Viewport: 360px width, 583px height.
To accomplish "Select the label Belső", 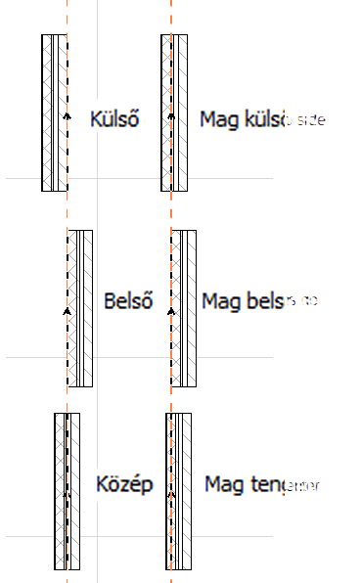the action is (124, 300).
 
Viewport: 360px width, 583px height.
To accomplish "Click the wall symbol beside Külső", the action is (55, 113).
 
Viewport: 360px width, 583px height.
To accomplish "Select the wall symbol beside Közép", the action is (67, 490).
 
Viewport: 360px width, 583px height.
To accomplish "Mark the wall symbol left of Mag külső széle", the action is (174, 113).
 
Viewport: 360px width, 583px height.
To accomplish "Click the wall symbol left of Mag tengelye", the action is (177, 490).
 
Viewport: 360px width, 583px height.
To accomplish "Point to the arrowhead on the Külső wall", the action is (67, 115).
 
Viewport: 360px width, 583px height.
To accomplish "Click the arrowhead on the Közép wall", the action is (67, 494).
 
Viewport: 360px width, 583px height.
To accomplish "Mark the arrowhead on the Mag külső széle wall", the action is (171, 115).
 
